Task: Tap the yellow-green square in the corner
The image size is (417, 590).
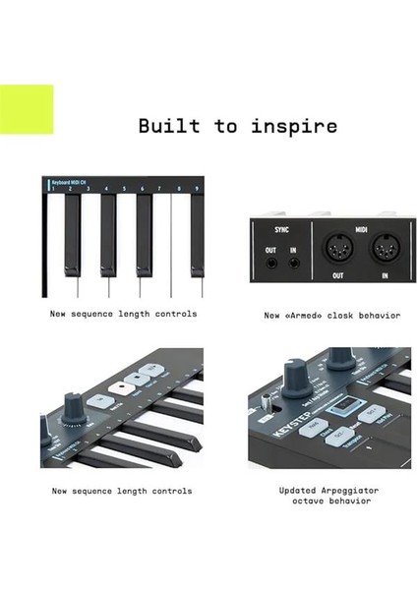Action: point(27,109)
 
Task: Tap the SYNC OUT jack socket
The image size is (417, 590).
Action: point(269,261)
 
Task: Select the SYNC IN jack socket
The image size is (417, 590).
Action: point(292,261)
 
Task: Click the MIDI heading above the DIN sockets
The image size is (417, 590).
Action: point(361,228)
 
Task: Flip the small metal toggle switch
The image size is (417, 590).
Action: point(266,403)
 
